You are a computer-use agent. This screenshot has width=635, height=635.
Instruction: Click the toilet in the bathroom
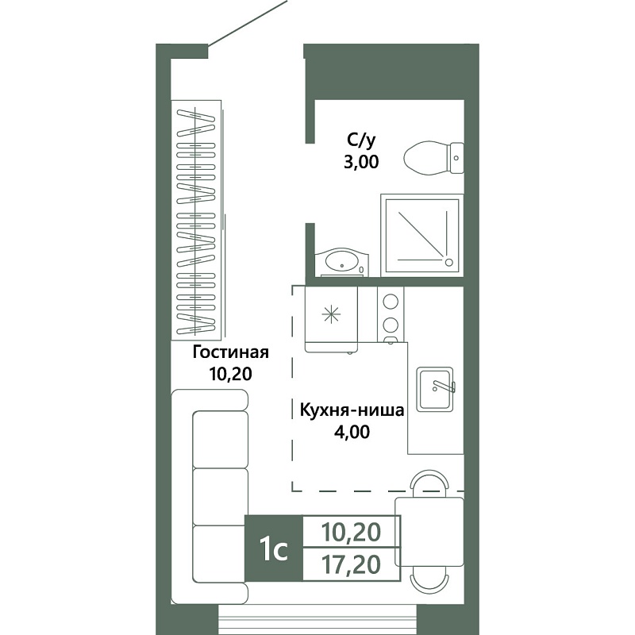pyautogui.click(x=434, y=158)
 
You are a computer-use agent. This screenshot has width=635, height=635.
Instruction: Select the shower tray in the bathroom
pyautogui.click(x=422, y=235)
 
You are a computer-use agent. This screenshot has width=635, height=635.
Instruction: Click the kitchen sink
pyautogui.click(x=436, y=389)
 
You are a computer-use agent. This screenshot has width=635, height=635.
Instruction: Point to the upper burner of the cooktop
pyautogui.click(x=391, y=302)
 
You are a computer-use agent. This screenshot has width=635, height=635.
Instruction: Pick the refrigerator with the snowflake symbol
pyautogui.click(x=331, y=320)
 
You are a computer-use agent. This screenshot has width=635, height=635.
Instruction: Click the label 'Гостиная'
pyautogui.click(x=230, y=352)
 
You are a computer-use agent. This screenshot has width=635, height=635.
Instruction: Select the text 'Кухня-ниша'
pyautogui.click(x=352, y=410)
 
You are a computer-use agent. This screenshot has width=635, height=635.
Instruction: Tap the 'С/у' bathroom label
pyautogui.click(x=361, y=141)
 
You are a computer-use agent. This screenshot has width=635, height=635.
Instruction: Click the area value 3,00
pyautogui.click(x=361, y=162)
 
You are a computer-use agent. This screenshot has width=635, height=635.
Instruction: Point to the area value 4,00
pyautogui.click(x=352, y=432)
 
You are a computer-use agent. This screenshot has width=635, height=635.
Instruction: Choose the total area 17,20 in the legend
pyautogui.click(x=351, y=564)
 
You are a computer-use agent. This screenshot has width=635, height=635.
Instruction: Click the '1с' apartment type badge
pyautogui.click(x=274, y=548)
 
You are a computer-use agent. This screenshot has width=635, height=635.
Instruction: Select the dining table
pyautogui.click(x=429, y=532)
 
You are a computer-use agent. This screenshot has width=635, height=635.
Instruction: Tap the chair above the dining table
pyautogui.click(x=429, y=483)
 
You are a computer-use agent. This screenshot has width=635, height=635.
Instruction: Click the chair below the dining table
pyautogui.click(x=429, y=579)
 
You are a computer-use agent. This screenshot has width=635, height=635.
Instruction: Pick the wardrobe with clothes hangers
pyautogui.click(x=196, y=220)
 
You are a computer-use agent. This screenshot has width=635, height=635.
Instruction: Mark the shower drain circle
pyautogui.click(x=448, y=263)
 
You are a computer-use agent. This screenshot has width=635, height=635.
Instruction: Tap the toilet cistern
pyautogui.click(x=457, y=158)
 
